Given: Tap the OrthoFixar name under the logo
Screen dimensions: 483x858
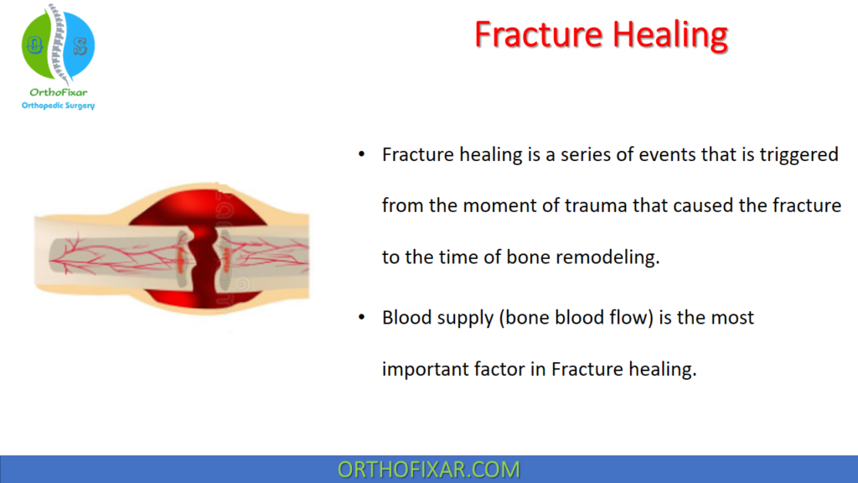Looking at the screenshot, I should point(57,92).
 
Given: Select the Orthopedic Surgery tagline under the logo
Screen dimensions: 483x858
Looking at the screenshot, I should point(57,106).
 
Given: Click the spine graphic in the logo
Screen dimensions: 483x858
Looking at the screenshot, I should point(56,42).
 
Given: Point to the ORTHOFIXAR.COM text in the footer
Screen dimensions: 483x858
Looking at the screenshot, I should point(428,470).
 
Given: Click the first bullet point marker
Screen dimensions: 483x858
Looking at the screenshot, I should point(361,156).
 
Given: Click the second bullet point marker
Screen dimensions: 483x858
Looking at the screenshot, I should point(361,318).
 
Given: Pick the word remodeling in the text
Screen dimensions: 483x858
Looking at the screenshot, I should point(607,257).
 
